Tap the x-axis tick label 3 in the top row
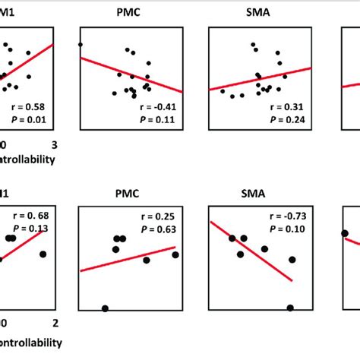(x=52, y=145)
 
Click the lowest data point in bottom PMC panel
(x=105, y=308)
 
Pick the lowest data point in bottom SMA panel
(x=291, y=308)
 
